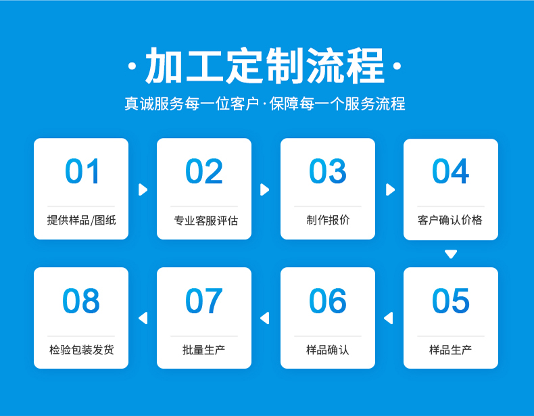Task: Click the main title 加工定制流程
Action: point(264,66)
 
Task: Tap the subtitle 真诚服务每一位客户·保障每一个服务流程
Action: point(264,103)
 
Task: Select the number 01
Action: point(82,171)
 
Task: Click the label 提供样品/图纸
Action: point(81,220)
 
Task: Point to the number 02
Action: point(204,171)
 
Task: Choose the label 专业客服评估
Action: point(205,221)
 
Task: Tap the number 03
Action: point(328,171)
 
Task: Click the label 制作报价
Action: point(328,220)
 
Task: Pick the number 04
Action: point(451,171)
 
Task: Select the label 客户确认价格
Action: point(450,220)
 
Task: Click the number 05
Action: point(451,300)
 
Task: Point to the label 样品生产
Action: point(450,350)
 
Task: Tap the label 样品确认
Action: point(328,350)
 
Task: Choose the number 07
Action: point(204,300)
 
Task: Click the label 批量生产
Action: point(203,350)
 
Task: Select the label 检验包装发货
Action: point(81,350)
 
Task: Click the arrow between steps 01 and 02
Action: point(143,190)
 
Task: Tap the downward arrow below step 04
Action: point(451,254)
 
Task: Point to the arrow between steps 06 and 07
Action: point(264,318)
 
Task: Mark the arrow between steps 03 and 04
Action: point(390,190)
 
